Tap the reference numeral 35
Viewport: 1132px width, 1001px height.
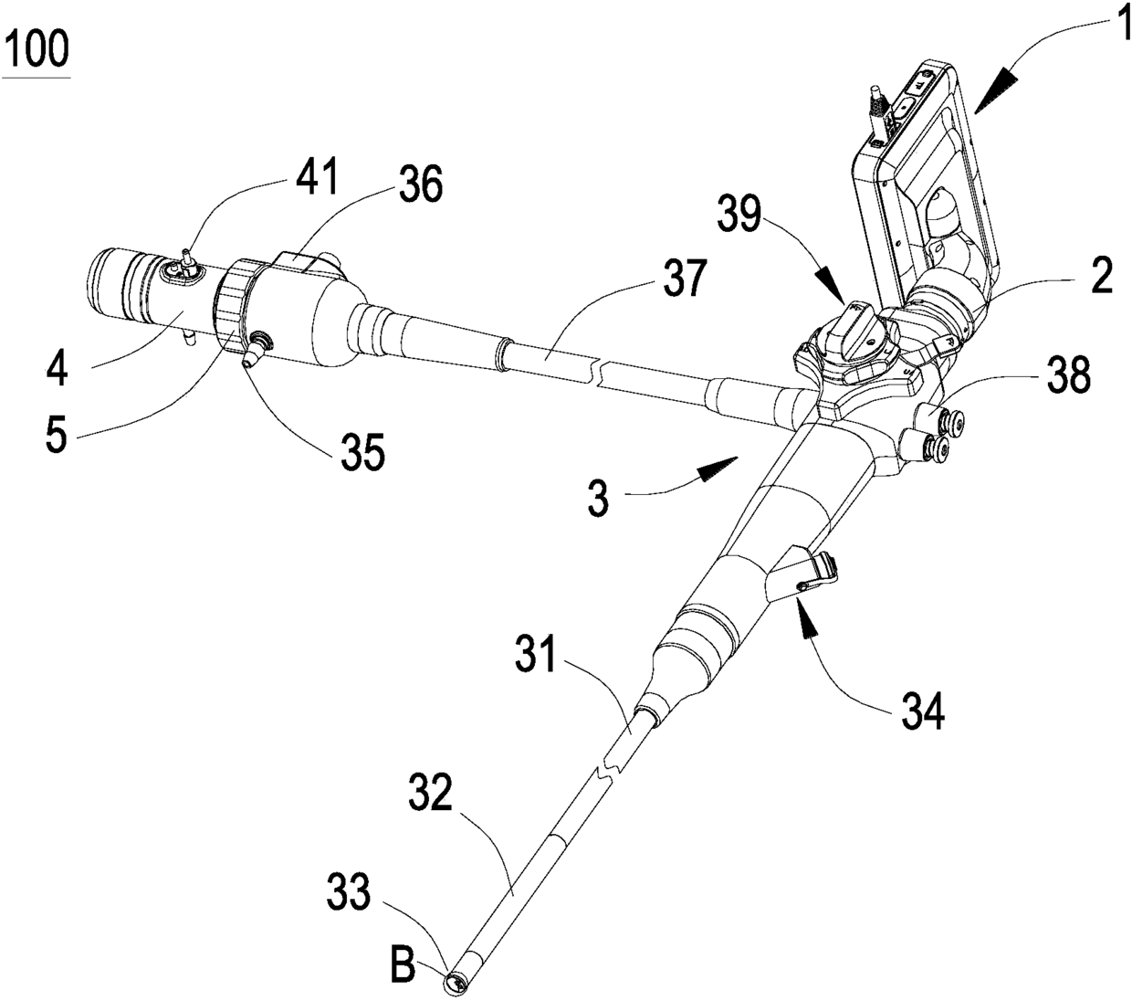[363, 453]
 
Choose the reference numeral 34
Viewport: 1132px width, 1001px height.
[921, 710]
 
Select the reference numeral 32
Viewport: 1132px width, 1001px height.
[428, 796]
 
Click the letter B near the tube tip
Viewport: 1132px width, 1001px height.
[403, 965]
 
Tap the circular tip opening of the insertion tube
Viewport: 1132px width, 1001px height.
[454, 983]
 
